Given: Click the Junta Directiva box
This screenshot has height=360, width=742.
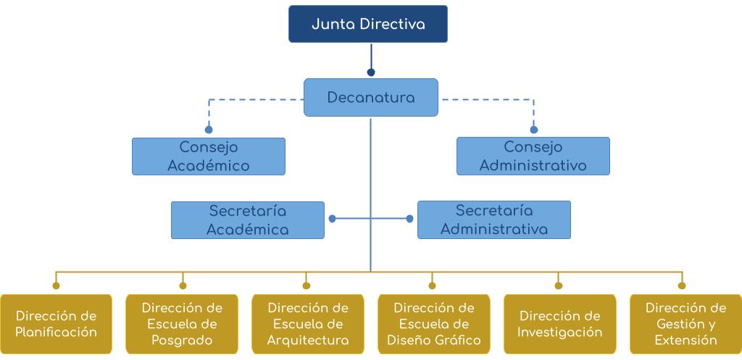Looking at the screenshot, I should tap(368, 24).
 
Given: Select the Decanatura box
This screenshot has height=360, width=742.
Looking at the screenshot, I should tap(371, 97).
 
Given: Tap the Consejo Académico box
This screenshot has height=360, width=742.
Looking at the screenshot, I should tap(209, 156).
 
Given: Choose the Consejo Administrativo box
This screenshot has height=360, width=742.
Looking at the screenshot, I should tap(533, 156).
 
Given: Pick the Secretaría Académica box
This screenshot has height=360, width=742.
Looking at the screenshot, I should tap(248, 220).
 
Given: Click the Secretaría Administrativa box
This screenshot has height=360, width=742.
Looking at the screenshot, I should tap(494, 220).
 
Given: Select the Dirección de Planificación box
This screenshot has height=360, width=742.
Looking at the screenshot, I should tap(57, 324).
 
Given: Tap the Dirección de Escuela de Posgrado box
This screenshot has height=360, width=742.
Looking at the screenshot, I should tap(182, 324).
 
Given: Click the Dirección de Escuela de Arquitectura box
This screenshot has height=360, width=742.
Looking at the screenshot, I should tap(308, 324).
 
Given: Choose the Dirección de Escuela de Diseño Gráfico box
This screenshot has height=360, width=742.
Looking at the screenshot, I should tap(433, 324).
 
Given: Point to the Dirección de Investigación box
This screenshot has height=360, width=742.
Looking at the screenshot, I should tap(559, 324).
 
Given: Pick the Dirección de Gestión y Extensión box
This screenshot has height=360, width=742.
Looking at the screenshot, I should tap(685, 324).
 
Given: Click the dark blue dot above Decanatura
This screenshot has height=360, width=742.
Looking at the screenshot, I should tap(371, 72).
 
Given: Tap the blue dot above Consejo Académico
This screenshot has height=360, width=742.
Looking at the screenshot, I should tap(209, 130).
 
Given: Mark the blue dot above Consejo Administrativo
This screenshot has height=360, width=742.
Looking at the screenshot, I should tap(534, 130).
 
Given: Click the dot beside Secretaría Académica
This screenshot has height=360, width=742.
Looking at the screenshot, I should tap(332, 218).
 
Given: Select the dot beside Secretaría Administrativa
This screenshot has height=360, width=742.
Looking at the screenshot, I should tap(410, 218).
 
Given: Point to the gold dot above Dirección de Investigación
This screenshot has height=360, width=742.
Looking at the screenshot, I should tap(559, 285).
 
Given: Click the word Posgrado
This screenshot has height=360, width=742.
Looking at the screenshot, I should tap(182, 340).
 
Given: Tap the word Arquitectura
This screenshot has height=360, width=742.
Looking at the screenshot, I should tap(308, 340).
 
